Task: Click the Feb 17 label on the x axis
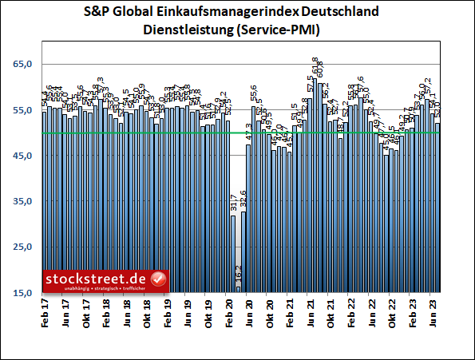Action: (x=46, y=314)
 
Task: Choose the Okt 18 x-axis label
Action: (x=147, y=314)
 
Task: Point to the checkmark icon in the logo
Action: (x=158, y=279)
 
